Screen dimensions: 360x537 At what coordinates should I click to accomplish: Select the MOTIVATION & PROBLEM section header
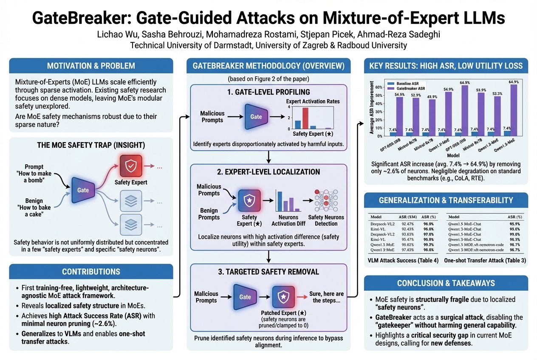91,66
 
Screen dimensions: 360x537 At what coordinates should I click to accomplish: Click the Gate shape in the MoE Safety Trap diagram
83,190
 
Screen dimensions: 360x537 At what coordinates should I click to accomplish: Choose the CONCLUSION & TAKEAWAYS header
446,283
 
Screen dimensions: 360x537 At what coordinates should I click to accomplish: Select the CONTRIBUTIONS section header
91,272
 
